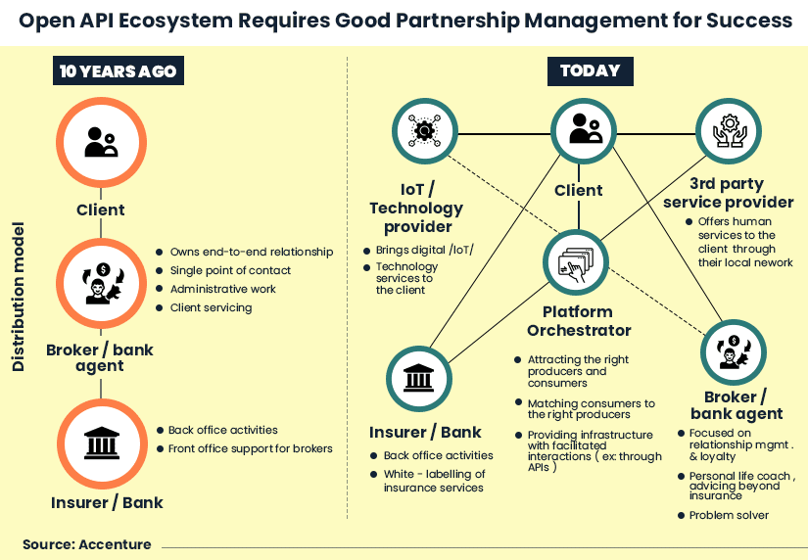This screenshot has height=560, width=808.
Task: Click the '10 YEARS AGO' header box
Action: pos(118,71)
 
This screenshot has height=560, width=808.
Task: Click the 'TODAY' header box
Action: pos(590,70)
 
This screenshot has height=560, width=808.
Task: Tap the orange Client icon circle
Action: pos(101,142)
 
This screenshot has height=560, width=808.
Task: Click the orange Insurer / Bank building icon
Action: pos(101,442)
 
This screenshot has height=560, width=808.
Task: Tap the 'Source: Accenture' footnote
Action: pos(87,544)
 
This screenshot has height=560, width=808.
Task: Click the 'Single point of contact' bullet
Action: pos(230,270)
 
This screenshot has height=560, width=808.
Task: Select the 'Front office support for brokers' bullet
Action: pos(251,448)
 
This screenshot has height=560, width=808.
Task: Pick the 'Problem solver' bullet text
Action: pos(729,515)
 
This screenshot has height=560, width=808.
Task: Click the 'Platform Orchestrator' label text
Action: pos(579,321)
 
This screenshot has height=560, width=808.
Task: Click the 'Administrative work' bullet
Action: pos(223,289)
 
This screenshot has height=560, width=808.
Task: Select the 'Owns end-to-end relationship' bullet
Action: pos(252,252)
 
